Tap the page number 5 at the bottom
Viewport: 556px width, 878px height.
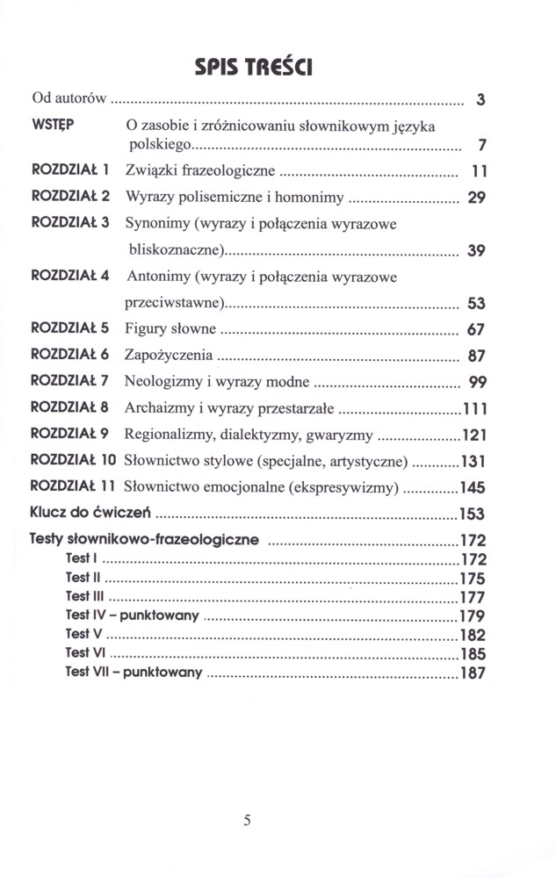248,820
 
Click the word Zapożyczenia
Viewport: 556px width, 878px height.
170,356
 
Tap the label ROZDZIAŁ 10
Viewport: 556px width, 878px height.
74,459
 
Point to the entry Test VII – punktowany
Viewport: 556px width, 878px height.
134,673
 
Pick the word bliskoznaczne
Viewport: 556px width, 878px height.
175,250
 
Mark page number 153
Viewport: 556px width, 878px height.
472,514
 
